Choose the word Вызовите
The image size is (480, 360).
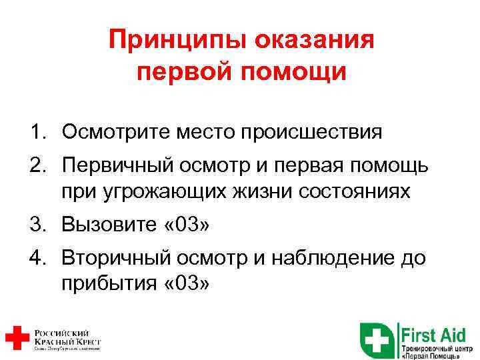107,225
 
